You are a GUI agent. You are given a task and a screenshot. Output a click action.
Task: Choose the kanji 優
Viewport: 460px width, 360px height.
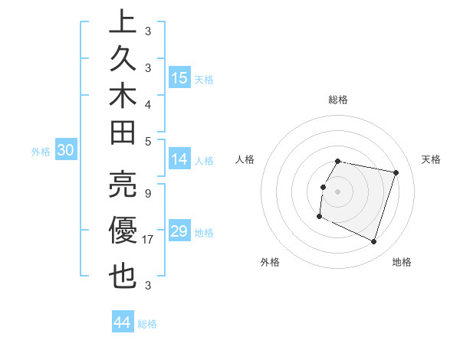(x=123, y=231)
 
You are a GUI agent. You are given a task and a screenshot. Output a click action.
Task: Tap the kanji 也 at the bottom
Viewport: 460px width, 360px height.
(x=123, y=276)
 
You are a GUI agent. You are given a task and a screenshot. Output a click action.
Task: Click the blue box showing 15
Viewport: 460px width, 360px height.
(x=179, y=78)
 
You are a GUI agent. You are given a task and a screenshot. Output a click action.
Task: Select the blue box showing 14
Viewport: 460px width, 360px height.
(x=179, y=160)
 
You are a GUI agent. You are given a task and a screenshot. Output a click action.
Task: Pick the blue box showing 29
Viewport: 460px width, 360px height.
(x=179, y=231)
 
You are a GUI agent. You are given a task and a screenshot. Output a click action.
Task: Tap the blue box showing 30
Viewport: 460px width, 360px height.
(x=65, y=151)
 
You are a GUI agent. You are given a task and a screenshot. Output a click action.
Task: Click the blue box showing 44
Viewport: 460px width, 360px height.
(x=122, y=322)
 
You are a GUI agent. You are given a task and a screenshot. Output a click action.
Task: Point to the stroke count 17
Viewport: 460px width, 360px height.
(x=149, y=240)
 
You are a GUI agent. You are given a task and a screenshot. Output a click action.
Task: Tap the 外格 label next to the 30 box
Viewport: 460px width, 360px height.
(x=41, y=152)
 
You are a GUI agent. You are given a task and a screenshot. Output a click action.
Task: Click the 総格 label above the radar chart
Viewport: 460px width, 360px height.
(x=338, y=100)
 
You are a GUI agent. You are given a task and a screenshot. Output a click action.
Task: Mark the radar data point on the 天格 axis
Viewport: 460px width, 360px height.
(x=396, y=173)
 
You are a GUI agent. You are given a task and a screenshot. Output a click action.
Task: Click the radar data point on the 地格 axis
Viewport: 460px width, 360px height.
(x=373, y=242)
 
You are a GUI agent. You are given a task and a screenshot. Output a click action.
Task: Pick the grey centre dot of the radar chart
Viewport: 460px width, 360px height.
(x=337, y=191)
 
